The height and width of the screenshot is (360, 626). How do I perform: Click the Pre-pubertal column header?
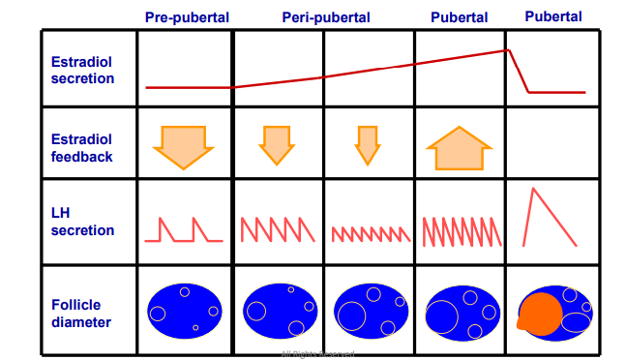point(187,17)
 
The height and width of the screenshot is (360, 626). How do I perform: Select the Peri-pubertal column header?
point(323,17)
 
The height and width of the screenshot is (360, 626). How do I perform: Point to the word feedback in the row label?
point(81,157)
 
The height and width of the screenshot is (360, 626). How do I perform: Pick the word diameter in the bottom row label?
point(81,322)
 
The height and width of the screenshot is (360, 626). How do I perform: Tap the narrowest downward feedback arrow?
point(366,145)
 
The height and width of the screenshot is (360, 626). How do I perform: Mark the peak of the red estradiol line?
point(506,50)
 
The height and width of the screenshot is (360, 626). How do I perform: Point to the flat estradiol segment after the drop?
point(556,93)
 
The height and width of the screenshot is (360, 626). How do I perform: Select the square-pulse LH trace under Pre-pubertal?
point(184,230)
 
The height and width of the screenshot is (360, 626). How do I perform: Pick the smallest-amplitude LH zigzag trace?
point(369,233)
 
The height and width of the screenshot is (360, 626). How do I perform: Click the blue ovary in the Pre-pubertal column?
point(184,311)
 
